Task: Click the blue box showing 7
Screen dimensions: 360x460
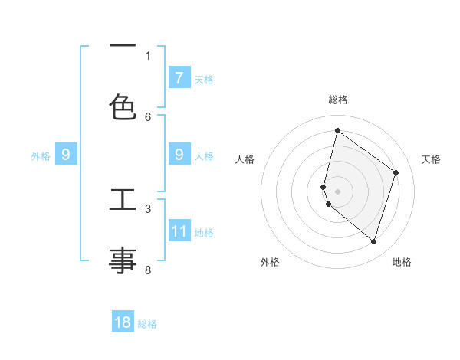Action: click(179, 77)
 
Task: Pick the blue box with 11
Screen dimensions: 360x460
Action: click(179, 231)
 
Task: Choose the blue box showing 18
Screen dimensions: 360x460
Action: click(123, 322)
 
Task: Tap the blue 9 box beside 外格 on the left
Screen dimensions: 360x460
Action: click(66, 155)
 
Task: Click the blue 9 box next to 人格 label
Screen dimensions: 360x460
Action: click(179, 155)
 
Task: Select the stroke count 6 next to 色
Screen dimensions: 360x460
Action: click(148, 116)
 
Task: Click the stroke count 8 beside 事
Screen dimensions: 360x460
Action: click(148, 270)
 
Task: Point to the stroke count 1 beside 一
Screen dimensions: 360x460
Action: click(148, 55)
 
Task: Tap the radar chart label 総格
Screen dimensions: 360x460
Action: click(337, 100)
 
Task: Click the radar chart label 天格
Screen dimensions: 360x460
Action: click(431, 159)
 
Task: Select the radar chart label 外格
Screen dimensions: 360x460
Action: click(270, 262)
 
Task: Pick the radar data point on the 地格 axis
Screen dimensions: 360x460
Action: click(373, 241)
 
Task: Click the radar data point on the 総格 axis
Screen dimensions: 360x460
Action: click(337, 131)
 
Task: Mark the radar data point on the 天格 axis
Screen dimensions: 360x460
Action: click(396, 172)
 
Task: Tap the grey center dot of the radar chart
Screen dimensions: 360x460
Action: click(337, 191)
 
